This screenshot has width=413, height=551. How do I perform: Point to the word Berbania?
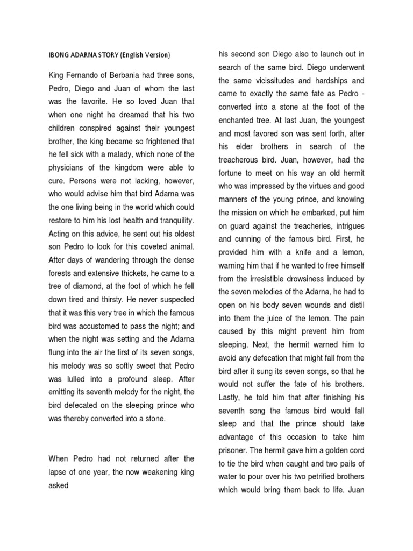[137, 74]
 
